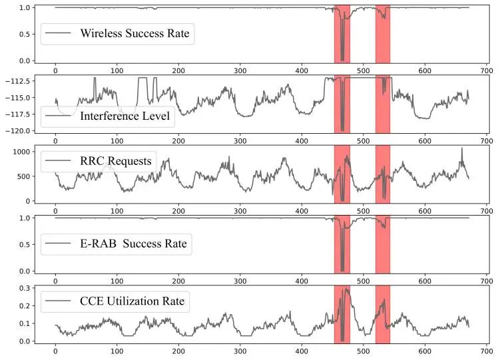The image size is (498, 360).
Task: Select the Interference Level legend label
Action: coord(124,116)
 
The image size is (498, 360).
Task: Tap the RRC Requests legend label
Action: coord(116,160)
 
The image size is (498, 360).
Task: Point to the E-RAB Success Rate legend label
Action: coord(133,244)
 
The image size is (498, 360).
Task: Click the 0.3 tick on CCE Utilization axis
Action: coord(24,289)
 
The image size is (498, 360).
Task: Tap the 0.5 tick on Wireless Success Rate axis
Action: coord(24,35)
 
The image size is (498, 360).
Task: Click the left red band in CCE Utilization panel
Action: coord(342,312)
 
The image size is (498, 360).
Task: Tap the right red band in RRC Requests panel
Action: coord(382,174)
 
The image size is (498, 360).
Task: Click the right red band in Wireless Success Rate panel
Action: coord(382,33)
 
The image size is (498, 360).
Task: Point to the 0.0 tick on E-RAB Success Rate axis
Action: coord(24,271)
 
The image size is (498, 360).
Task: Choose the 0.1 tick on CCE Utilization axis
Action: coord(24,323)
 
